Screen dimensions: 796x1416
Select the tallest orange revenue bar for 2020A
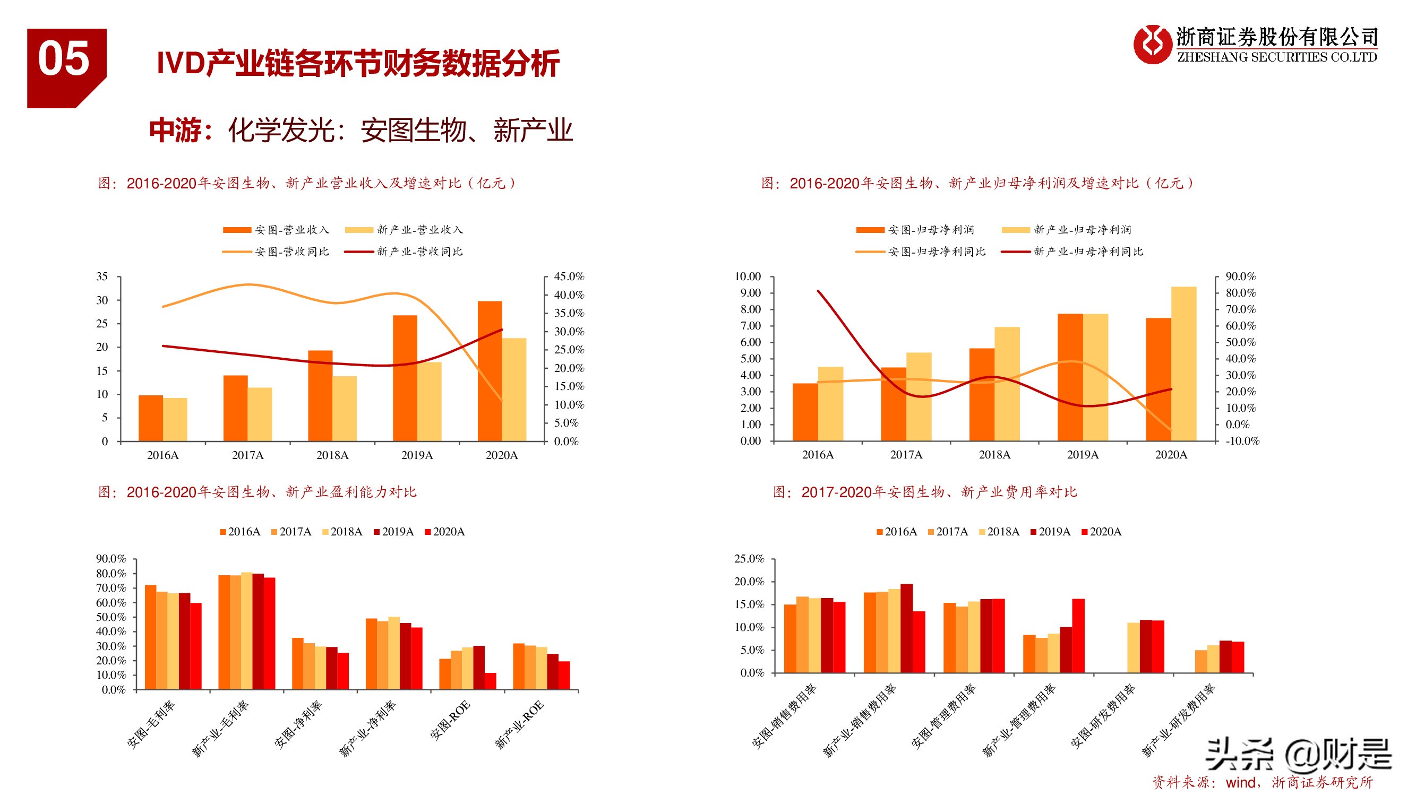coord(489,371)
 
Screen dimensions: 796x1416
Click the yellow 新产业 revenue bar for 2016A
coord(175,419)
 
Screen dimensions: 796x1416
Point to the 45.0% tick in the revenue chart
coord(569,276)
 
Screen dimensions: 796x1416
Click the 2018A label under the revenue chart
coord(332,455)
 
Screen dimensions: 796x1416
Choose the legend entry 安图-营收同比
coord(291,252)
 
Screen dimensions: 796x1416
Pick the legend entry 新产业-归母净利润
coord(1082,230)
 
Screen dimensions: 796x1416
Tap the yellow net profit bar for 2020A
coord(1183,364)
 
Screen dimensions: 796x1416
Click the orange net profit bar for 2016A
coord(805,412)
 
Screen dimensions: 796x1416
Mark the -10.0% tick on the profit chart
coord(1242,441)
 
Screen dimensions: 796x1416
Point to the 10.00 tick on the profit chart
coord(748,276)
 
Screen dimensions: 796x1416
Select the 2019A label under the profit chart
coord(1083,455)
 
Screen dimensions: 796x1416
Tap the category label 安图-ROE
coord(450,720)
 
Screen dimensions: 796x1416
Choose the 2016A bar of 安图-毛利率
coord(150,637)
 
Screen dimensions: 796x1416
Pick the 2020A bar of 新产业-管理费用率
coord(1078,636)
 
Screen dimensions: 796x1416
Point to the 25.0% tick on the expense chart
coord(749,559)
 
